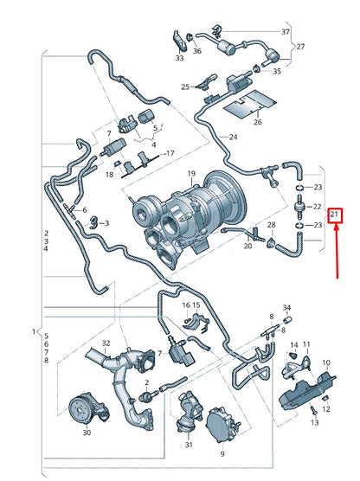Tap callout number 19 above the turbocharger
[x=191, y=175]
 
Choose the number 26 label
[x=257, y=122]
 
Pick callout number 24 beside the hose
[x=234, y=138]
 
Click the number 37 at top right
[x=285, y=32]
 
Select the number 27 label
[x=300, y=48]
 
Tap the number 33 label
[x=179, y=59]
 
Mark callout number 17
[x=170, y=153]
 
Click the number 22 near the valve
[x=317, y=207]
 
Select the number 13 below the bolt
[x=315, y=423]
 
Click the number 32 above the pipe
[x=107, y=344]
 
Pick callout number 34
[x=287, y=309]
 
